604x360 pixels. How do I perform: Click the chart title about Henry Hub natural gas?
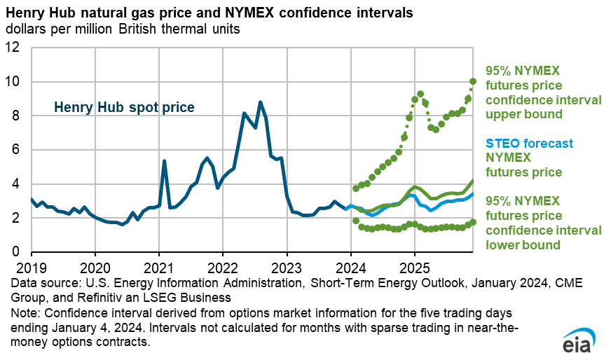209,13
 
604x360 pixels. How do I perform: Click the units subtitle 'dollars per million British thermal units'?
123,29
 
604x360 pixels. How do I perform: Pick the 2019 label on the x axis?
31,267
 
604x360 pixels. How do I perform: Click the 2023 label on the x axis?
287,267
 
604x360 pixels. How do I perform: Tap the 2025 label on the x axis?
415,267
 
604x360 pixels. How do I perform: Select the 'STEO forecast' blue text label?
526,144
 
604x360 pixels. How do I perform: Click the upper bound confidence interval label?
542,92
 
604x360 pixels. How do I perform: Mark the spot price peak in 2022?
260,102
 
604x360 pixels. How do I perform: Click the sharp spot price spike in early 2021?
164,161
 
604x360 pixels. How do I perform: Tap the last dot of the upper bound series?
473,81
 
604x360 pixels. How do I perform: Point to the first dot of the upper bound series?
356,188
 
